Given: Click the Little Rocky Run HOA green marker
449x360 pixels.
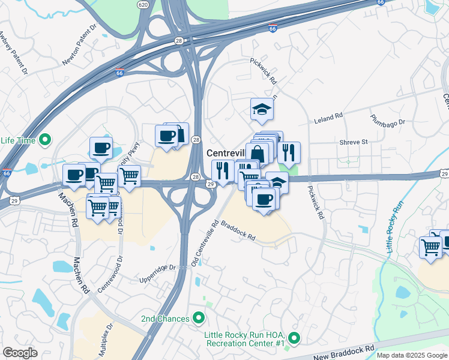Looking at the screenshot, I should (x=293, y=338).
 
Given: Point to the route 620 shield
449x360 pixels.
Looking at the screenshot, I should (x=142, y=4).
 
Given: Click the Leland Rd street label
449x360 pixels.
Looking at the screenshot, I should (x=328, y=119).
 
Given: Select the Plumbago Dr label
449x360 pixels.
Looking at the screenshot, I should (x=387, y=119).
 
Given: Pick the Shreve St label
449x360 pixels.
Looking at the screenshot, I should (x=353, y=142).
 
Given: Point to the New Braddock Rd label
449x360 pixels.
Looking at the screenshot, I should (x=345, y=348).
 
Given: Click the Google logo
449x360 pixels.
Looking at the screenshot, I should (x=20, y=353).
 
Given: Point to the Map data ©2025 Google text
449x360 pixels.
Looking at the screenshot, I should (x=412, y=355).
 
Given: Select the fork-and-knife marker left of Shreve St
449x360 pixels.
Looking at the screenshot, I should (x=289, y=153).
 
